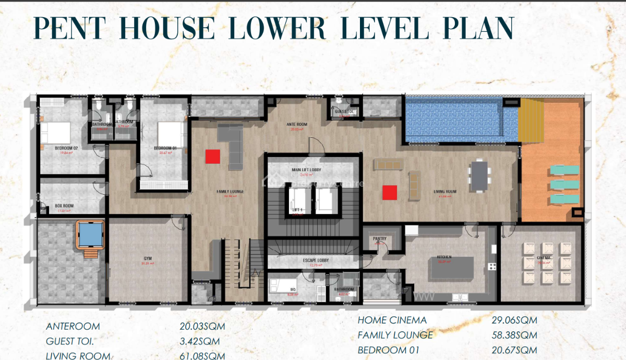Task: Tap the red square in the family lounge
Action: pyautogui.click(x=213, y=157)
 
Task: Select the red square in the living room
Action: pyautogui.click(x=389, y=193)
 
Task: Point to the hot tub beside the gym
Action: pyautogui.click(x=90, y=234)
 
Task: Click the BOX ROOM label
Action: pyautogui.click(x=64, y=206)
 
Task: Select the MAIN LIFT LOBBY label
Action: pyautogui.click(x=306, y=170)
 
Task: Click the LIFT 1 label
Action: pyautogui.click(x=298, y=209)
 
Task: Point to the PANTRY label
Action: pyautogui.click(x=379, y=238)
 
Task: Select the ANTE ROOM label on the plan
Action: pyautogui.click(x=297, y=124)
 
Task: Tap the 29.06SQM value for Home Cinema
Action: pyautogui.click(x=514, y=320)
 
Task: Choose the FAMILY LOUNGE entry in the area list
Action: pyautogui.click(x=395, y=335)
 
